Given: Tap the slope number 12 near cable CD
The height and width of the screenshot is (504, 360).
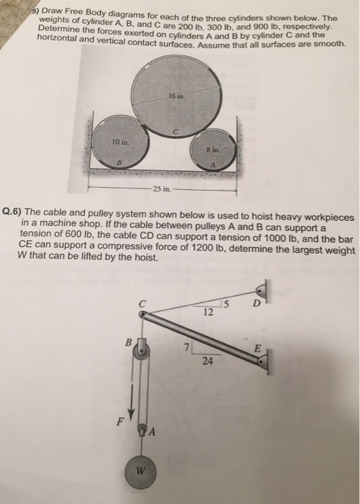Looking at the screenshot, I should click(208, 312).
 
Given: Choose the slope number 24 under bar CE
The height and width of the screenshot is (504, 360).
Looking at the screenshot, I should click(207, 362).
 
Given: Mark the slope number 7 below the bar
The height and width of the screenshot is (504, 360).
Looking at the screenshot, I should click(185, 348).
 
